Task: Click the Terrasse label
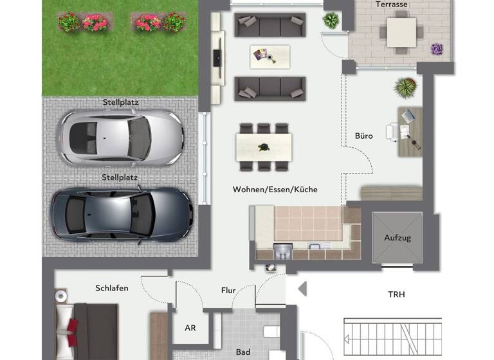click(x=391, y=4)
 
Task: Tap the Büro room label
click(x=363, y=136)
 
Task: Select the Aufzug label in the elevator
click(x=398, y=238)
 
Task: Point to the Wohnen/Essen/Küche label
click(x=275, y=190)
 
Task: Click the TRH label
click(x=396, y=294)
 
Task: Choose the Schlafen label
click(x=112, y=288)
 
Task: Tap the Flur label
click(x=228, y=291)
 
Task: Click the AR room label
click(x=190, y=328)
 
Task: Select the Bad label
click(x=243, y=352)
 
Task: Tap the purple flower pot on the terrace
click(x=437, y=49)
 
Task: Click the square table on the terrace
click(x=401, y=32)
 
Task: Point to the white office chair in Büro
click(x=392, y=131)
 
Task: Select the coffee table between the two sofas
click(x=270, y=57)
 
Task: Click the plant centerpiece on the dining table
click(x=264, y=147)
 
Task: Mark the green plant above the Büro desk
click(x=406, y=87)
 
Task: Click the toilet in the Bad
click(x=271, y=332)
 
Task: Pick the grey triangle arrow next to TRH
click(x=302, y=289)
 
